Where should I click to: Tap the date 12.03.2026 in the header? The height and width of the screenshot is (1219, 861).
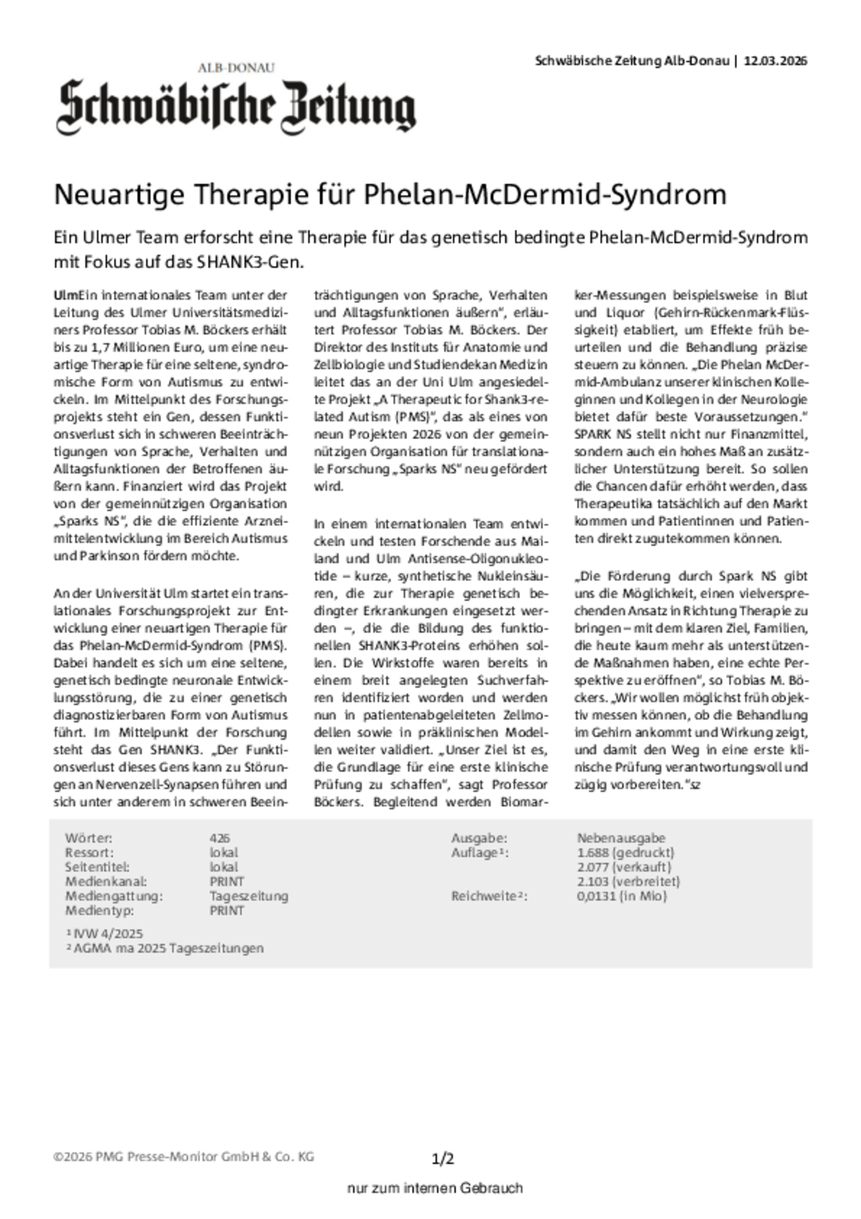[776, 61]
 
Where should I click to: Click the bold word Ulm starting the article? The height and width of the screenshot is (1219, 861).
[65, 295]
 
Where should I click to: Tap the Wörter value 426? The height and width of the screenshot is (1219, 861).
[220, 838]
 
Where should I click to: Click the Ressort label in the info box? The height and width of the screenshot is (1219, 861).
[89, 852]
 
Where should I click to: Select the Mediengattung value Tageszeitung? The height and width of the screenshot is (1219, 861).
[248, 895]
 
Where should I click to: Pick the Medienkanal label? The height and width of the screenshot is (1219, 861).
[105, 881]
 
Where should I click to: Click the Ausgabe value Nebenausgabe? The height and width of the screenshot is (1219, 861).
[621, 838]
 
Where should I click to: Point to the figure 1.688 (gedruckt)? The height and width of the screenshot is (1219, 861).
[625, 852]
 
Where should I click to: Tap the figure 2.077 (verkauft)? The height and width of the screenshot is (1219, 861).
[624, 867]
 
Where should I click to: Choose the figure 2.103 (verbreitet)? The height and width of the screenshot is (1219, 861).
[628, 881]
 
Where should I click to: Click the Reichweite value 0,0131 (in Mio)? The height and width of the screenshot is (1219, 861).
[621, 895]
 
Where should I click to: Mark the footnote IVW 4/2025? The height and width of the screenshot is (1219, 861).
[105, 933]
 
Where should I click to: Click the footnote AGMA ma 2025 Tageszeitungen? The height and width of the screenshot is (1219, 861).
[164, 948]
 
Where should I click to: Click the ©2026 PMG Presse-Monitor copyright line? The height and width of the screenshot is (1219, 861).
[184, 1157]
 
